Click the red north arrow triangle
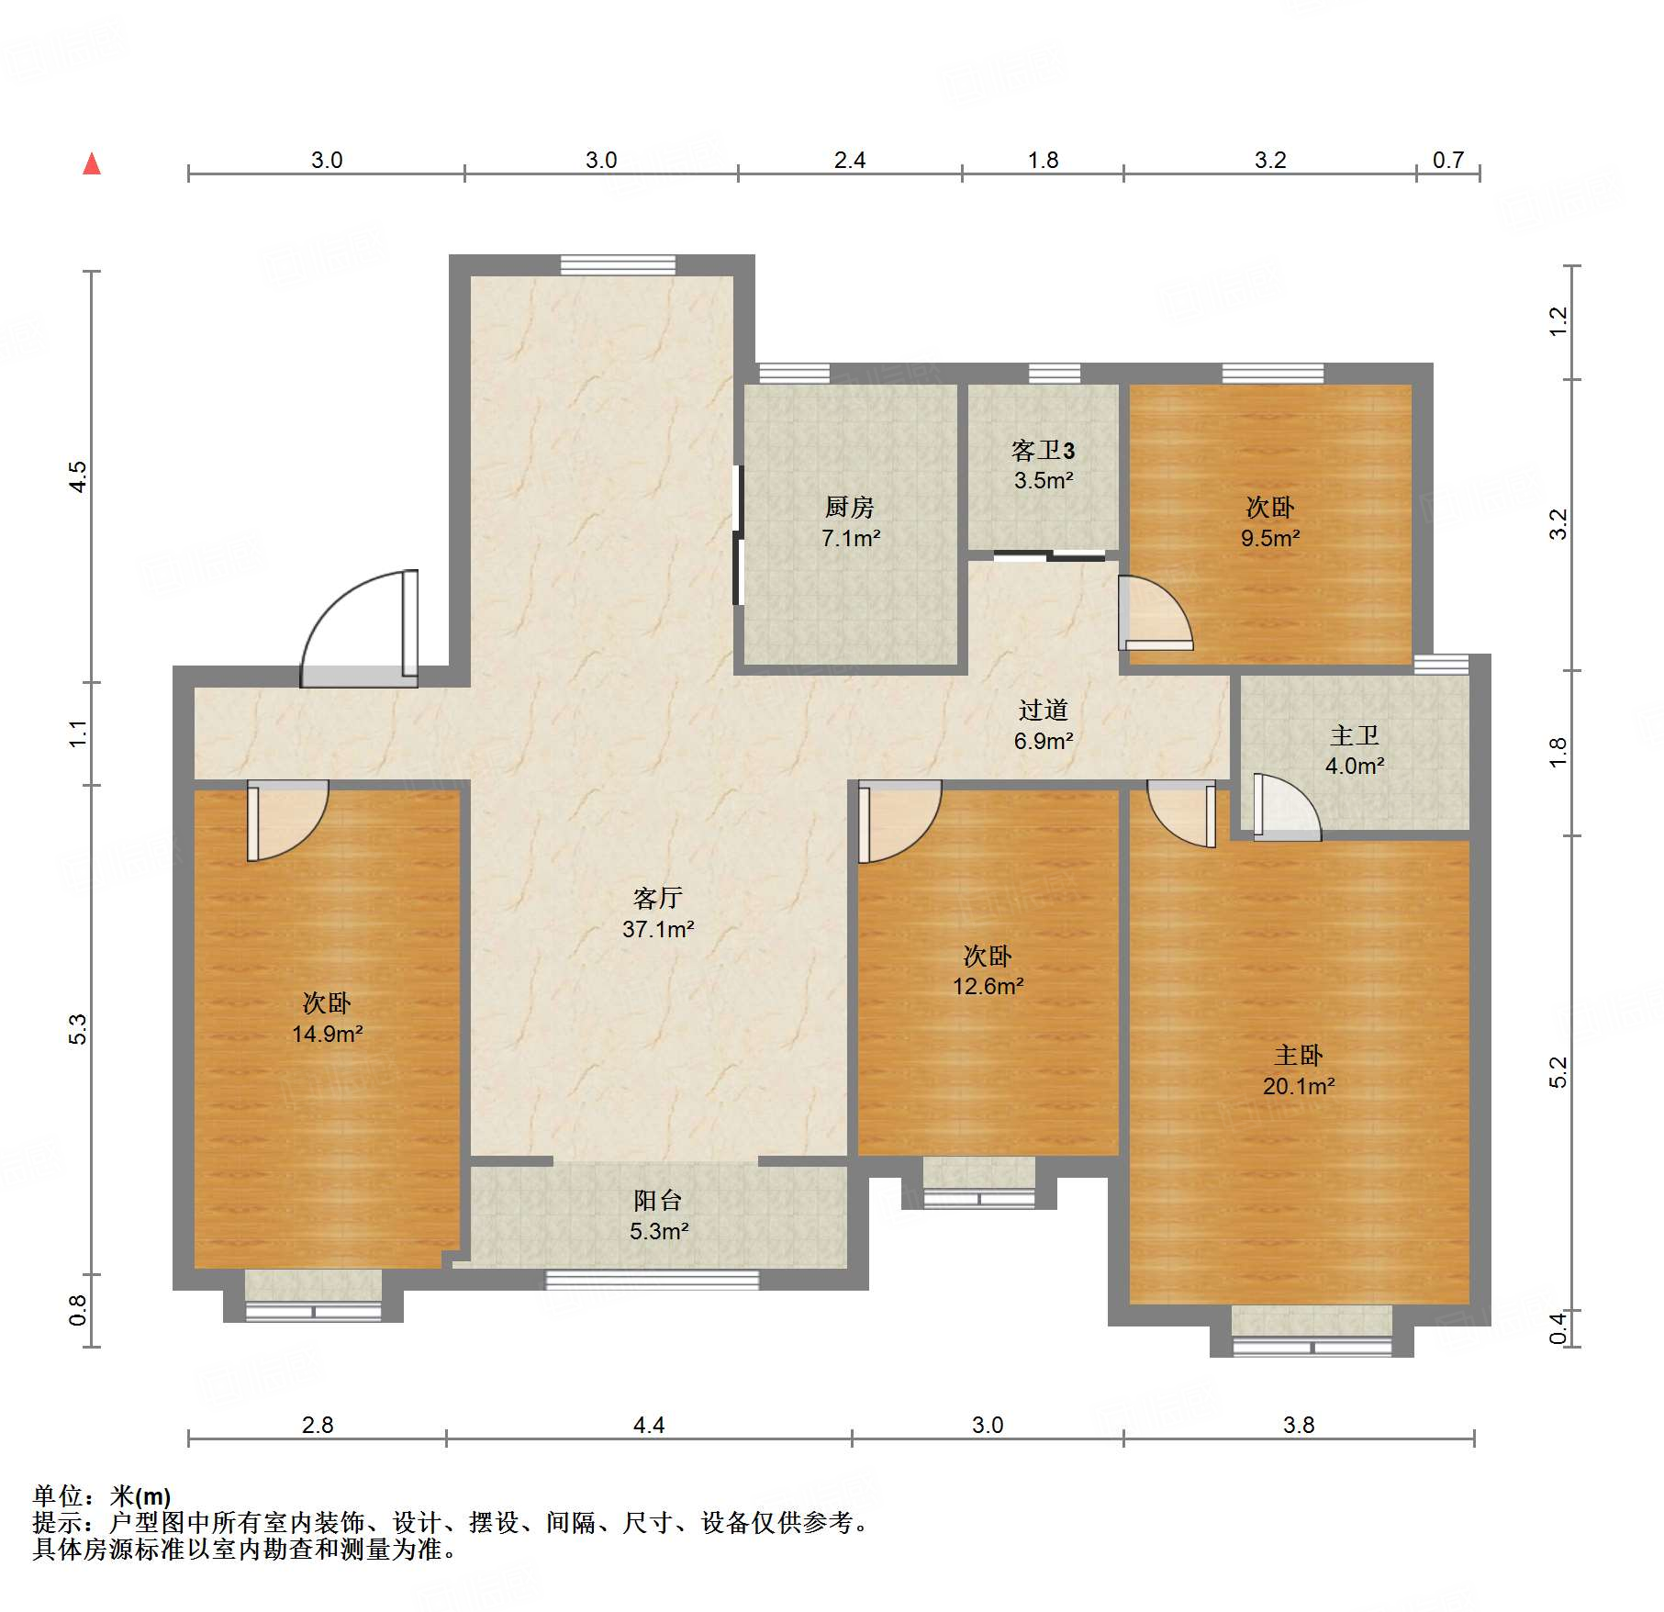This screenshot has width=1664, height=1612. (x=92, y=164)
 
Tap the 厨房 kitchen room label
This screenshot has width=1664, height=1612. (x=849, y=507)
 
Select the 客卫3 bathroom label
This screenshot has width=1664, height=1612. (x=1043, y=451)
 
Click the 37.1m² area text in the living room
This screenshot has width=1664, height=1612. (x=658, y=929)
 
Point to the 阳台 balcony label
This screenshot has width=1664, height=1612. (x=658, y=1200)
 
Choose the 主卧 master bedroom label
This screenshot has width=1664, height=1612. (x=1298, y=1055)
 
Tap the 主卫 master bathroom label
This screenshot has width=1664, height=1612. (x=1354, y=735)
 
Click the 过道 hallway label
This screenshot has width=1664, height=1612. (x=1043, y=710)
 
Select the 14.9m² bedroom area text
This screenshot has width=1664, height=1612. (x=327, y=1034)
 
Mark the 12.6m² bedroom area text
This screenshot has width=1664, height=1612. (x=988, y=986)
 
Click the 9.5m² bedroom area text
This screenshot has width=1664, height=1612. (x=1270, y=538)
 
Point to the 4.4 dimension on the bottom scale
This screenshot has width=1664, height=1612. (x=649, y=1425)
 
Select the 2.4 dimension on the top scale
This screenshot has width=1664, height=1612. (x=850, y=161)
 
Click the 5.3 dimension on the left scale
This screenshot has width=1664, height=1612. (x=78, y=1028)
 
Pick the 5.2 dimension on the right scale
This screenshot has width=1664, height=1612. (x=1558, y=1072)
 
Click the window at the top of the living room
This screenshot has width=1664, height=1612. (x=618, y=265)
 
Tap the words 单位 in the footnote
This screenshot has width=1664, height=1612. (x=58, y=1497)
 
